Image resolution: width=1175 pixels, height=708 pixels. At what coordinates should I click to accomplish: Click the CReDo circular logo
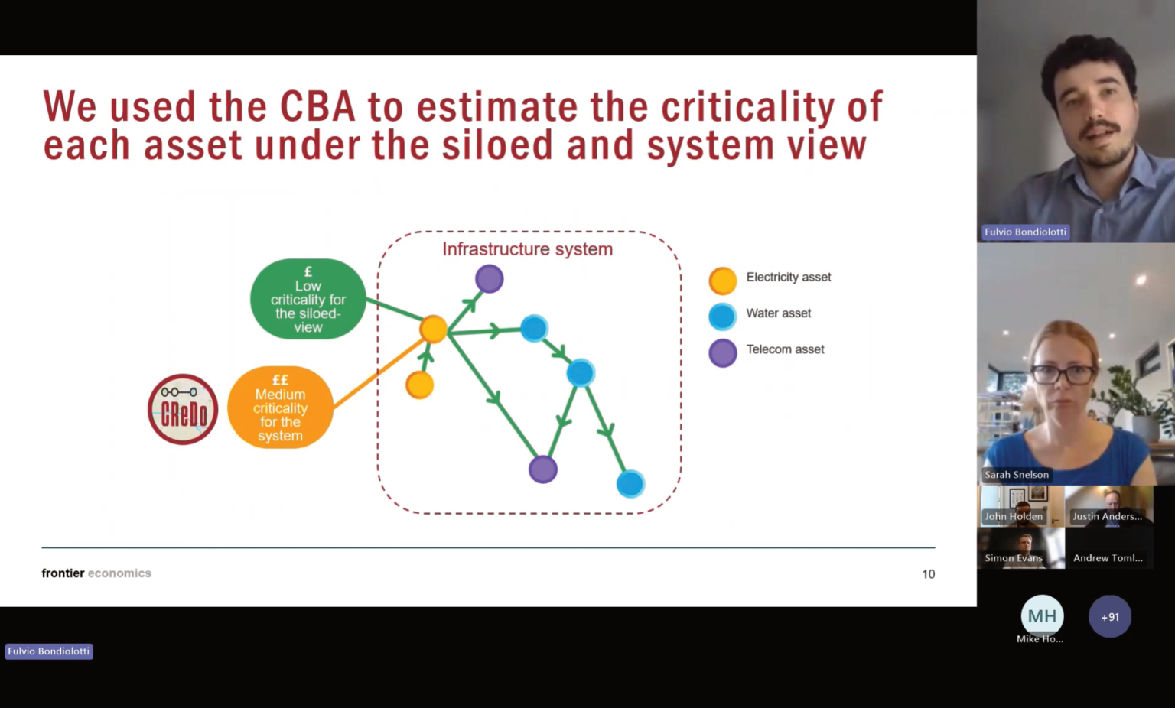coord(183,409)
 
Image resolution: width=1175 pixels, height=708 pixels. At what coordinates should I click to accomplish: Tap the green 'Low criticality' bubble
coord(308,299)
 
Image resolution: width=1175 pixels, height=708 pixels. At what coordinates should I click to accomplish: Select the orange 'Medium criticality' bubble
coord(280,408)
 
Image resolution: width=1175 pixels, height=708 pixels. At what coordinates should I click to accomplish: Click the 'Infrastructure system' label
coord(527,248)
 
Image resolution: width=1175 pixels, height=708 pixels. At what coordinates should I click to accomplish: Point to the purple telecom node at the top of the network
coord(490,278)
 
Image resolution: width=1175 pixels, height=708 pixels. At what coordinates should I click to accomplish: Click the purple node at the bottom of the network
coord(543,469)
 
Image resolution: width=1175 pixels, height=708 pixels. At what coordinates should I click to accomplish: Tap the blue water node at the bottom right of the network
coord(630,483)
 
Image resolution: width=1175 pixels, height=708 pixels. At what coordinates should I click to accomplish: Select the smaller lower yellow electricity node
coord(420,385)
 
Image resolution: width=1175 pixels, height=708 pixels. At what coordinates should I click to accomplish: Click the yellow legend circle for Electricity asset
coord(723,281)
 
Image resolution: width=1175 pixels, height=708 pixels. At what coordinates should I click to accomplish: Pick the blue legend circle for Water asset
coord(723,317)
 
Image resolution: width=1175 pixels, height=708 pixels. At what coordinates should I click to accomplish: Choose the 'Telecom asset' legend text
coord(786,349)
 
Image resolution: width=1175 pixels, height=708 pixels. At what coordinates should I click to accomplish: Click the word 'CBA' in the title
coord(317,106)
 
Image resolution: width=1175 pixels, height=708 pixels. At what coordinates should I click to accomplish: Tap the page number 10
coord(929,574)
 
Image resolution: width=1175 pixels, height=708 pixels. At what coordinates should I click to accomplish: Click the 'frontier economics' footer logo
coord(96,573)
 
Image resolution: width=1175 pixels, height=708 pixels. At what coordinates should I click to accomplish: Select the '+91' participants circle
coord(1110,617)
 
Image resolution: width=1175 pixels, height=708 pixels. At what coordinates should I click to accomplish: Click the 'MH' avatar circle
coord(1043,616)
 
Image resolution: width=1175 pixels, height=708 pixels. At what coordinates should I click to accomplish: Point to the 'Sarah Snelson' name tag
coord(1017,475)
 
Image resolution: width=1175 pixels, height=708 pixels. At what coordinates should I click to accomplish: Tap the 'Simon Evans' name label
coord(1014,558)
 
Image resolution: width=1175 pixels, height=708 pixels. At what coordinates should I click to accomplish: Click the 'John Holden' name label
coord(1014,516)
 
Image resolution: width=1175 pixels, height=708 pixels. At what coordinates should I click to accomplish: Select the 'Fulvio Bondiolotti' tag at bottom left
coord(49,651)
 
